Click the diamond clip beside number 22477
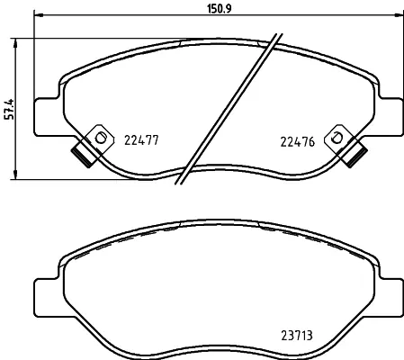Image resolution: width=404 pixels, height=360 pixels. pyautogui.click(x=97, y=138)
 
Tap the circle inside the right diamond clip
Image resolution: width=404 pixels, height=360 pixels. pyautogui.click(x=337, y=138)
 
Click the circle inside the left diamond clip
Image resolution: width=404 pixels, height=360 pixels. pyautogui.click(x=100, y=138)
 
